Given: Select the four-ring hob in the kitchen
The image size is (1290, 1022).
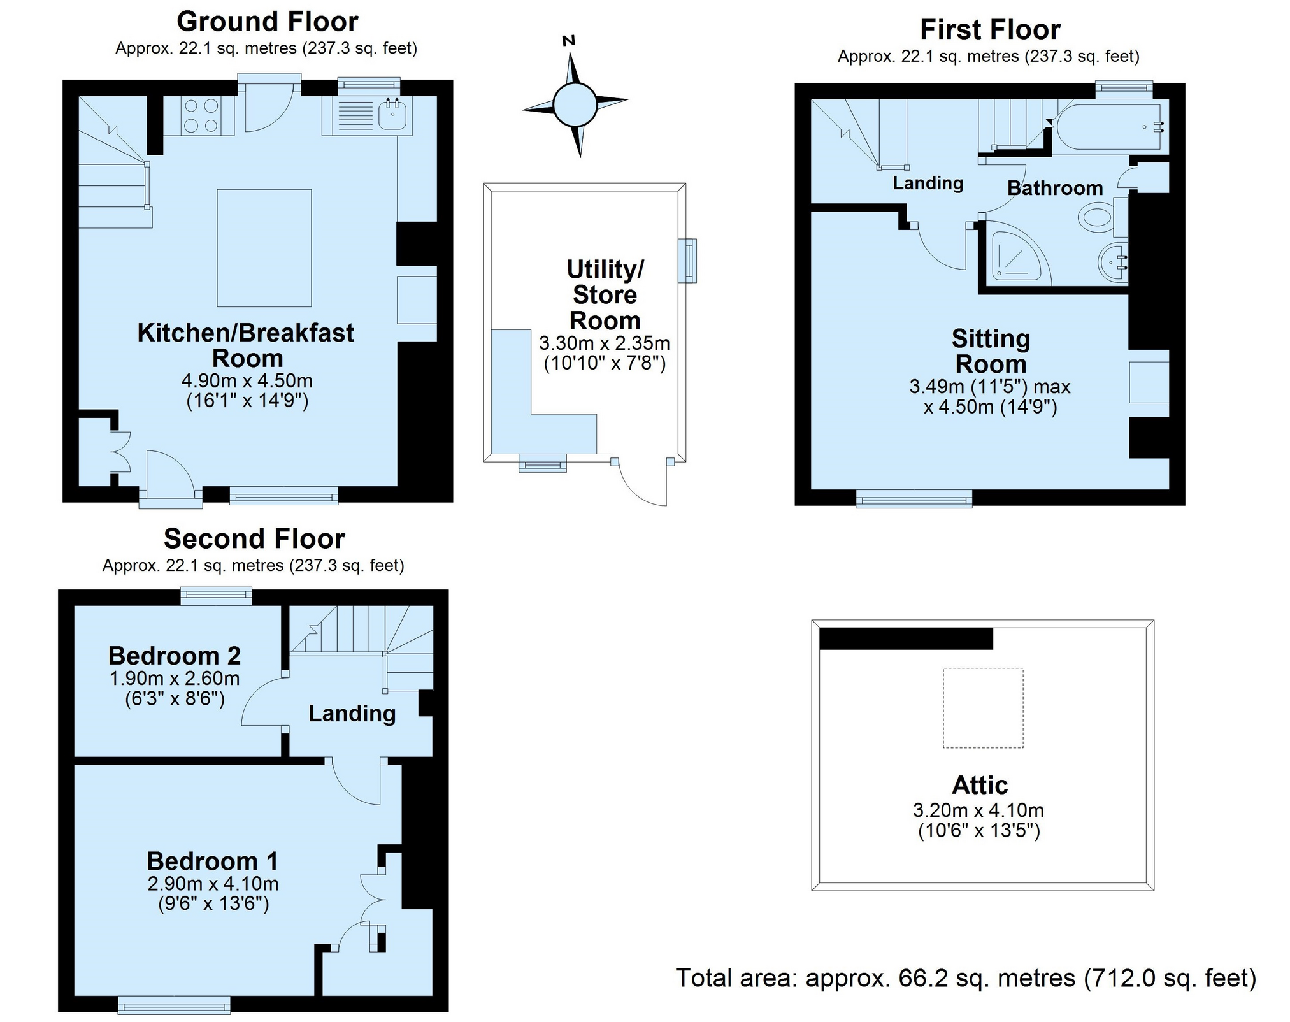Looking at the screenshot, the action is pos(199,115).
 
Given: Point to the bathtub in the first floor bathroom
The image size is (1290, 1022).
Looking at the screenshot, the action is pos(1111,126).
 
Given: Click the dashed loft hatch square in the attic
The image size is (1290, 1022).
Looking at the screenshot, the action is pos(983,707).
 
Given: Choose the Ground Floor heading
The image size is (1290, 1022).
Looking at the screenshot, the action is pos(268,22).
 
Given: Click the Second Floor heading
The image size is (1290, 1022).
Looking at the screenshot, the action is pos(254,539).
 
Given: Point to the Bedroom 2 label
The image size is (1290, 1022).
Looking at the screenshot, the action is pos(175,656).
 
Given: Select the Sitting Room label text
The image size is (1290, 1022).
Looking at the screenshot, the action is pos(991,351).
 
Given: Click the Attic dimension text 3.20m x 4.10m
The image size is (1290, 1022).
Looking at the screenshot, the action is pos(978,810).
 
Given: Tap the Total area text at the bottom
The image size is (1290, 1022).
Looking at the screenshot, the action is pos(966,978).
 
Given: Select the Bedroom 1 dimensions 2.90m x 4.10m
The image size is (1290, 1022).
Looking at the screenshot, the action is pos(213,884).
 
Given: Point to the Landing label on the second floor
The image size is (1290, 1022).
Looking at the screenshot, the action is pos(352,714).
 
